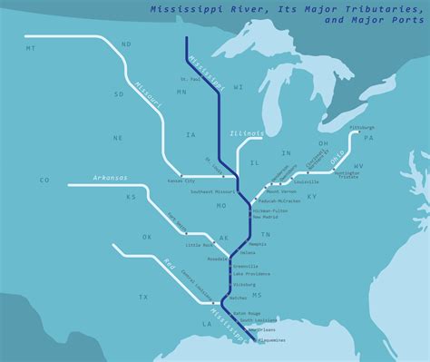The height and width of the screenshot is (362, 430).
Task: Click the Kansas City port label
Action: click(x=181, y=181)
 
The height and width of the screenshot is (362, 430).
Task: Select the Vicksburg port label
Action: click(x=246, y=284)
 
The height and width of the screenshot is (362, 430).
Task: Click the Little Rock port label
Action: click(x=199, y=245)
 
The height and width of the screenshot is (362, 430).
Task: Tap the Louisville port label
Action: click(x=332, y=181)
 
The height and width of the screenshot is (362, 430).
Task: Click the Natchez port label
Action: click(x=239, y=298)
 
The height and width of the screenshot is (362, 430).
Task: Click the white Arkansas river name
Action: click(x=109, y=178)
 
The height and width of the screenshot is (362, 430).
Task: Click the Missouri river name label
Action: click(x=149, y=92)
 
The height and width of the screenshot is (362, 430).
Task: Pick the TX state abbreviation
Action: click(x=142, y=297)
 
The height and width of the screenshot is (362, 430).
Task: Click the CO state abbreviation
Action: click(x=44, y=181)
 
